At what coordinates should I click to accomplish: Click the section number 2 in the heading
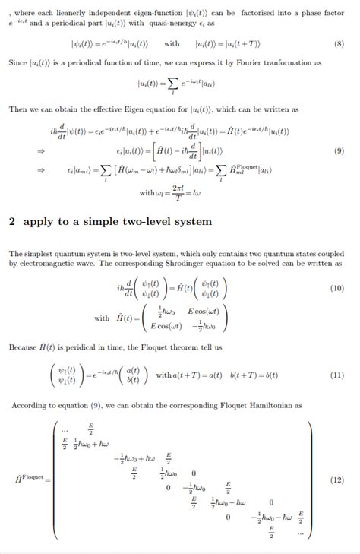tap(12, 222)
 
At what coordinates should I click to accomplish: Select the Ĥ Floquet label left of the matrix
tap(30, 479)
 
